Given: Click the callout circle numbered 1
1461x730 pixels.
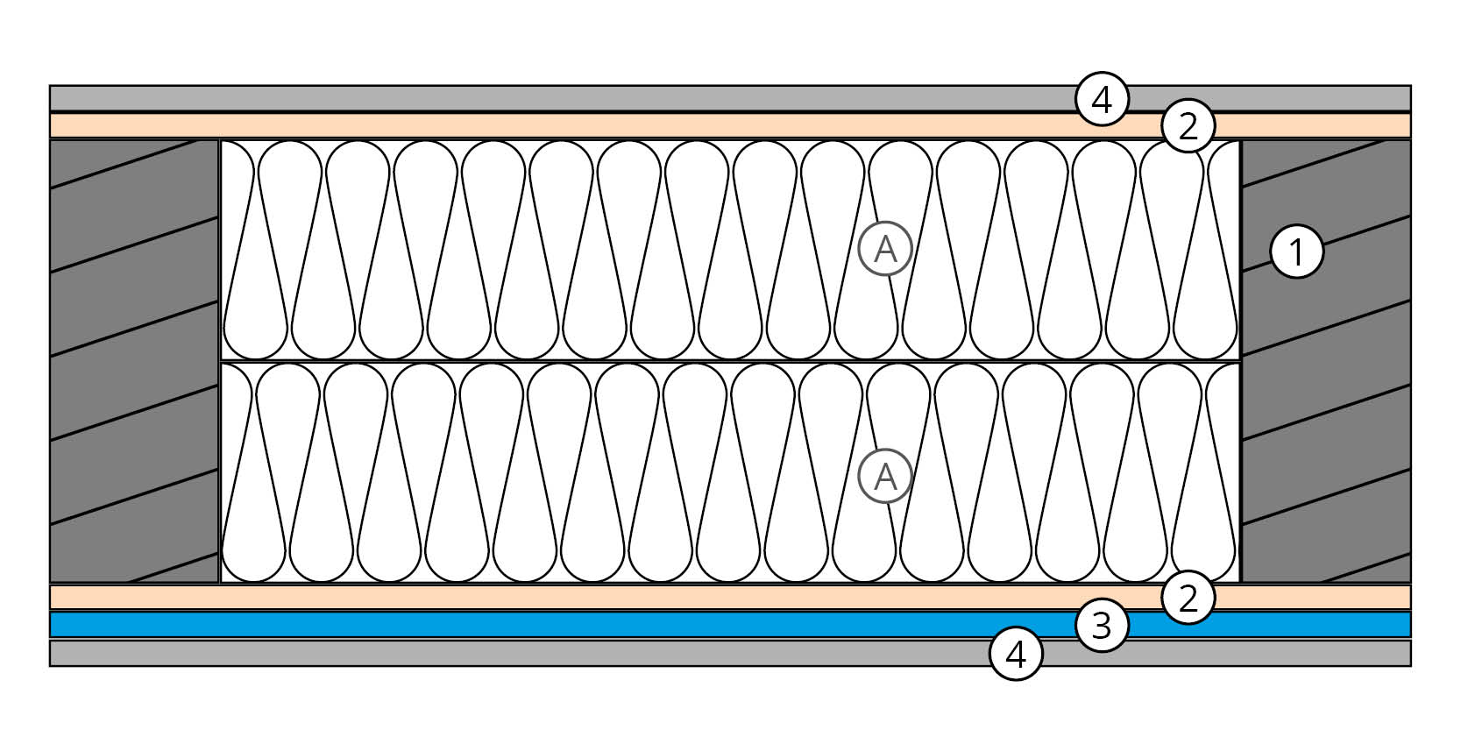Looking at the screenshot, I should point(1296,252).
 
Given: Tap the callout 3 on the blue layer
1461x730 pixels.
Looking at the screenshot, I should point(1102,626).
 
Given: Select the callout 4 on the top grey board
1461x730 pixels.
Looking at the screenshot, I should point(1102,101).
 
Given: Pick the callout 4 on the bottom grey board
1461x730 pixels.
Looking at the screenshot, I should point(1016,654).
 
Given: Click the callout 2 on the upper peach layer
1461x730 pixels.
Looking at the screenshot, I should point(1188,127).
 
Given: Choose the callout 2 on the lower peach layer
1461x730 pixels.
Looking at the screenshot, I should point(1188,599).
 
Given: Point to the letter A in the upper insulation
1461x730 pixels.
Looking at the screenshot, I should point(886,250).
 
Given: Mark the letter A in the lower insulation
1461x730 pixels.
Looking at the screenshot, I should point(886,477).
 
